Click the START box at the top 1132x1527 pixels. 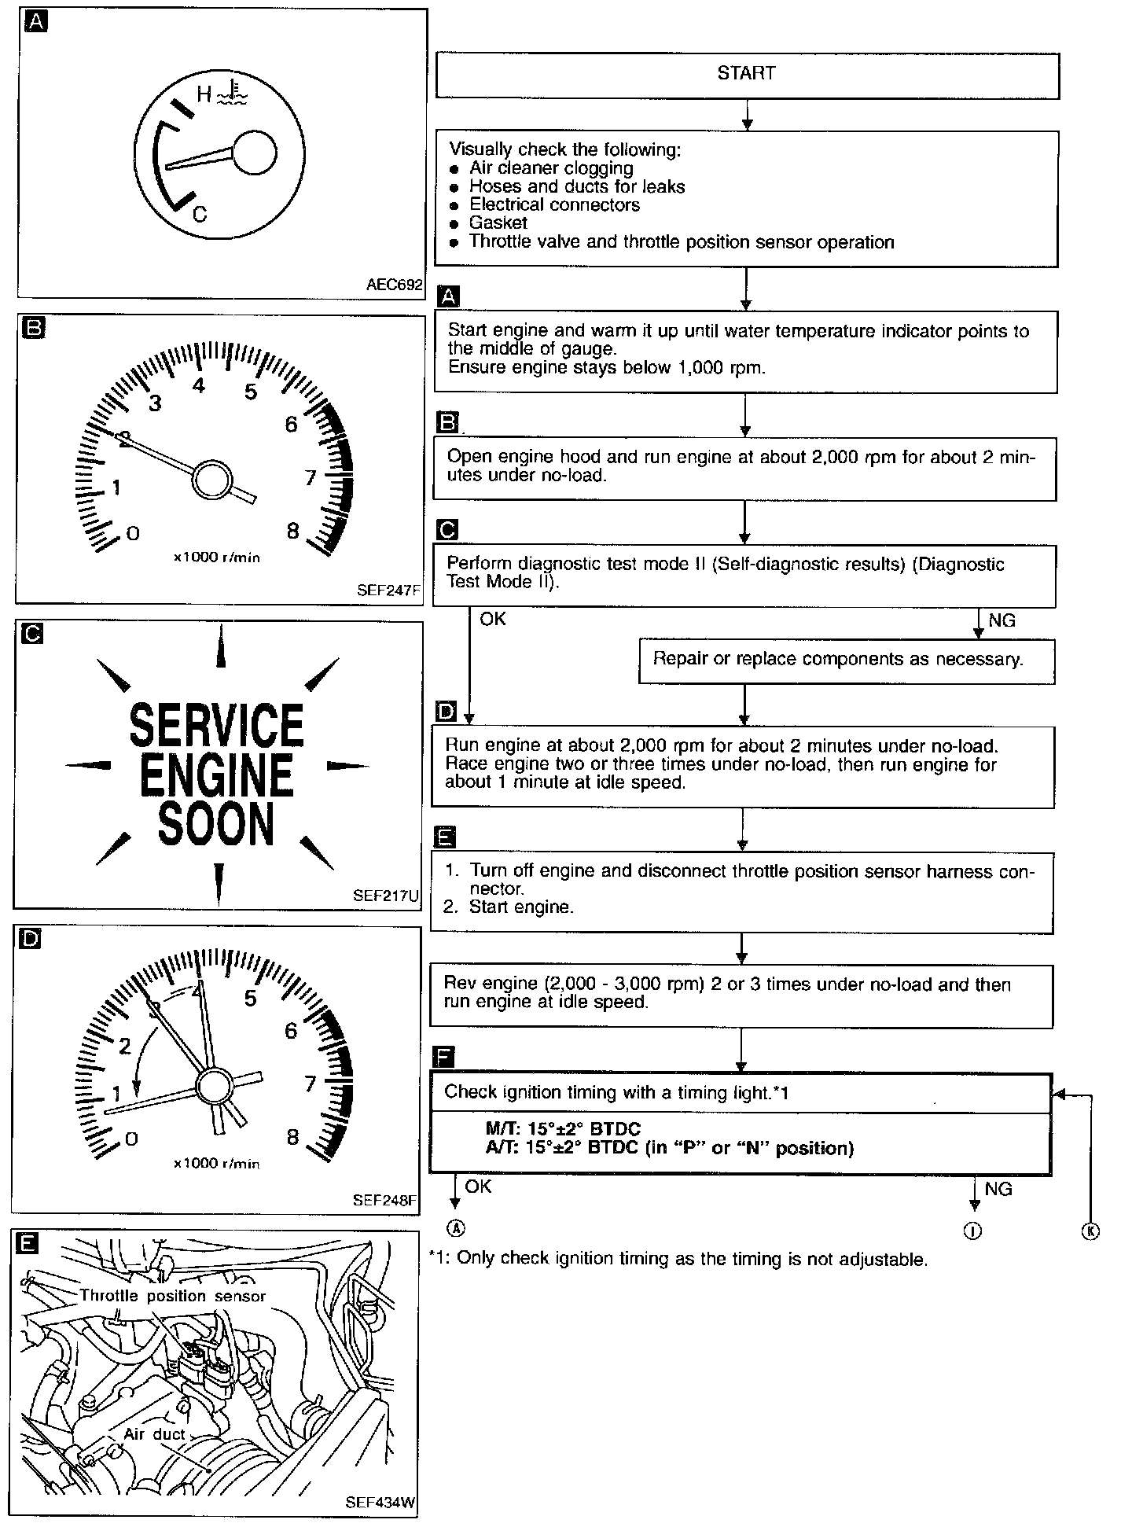tap(747, 74)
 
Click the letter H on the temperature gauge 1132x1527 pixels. tap(204, 95)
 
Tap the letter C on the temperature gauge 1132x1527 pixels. tap(200, 213)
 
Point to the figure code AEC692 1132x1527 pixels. tap(394, 285)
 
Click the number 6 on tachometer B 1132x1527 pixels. tap(292, 425)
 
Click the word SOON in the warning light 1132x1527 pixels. tap(216, 825)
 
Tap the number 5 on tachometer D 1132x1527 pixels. tap(251, 999)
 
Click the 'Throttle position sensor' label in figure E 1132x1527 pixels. tap(173, 1296)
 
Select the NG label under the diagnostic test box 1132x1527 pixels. tap(1002, 620)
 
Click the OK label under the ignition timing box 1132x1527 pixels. tap(478, 1187)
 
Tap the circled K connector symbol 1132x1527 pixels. tap(1090, 1231)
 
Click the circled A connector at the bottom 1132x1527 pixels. tap(455, 1229)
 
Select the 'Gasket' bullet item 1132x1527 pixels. tap(498, 223)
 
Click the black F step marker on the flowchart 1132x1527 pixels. tap(444, 1056)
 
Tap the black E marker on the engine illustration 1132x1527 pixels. tap(27, 1244)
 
